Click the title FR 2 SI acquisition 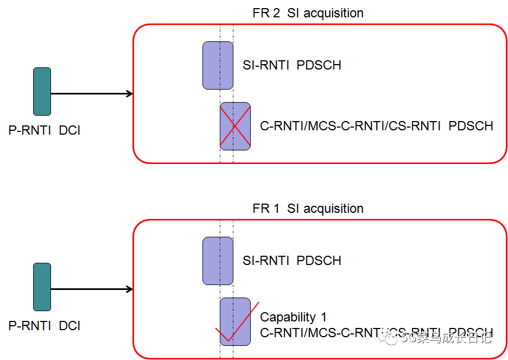point(308,13)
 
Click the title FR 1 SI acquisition point(308,209)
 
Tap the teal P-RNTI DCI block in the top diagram point(42,92)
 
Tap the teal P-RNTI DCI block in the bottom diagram point(42,287)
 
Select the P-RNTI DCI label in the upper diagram point(45,130)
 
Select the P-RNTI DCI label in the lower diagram point(45,326)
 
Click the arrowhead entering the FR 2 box point(129,94)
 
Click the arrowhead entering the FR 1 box point(129,289)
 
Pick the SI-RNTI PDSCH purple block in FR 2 point(218,65)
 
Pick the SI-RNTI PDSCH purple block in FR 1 point(218,261)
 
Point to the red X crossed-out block point(235,126)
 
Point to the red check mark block point(235,321)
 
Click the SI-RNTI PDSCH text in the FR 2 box point(292,65)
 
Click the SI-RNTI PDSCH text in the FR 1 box point(292,261)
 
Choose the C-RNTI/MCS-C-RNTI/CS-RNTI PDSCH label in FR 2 point(377,126)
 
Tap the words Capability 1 point(293,317)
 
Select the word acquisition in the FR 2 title point(333,13)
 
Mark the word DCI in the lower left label point(69,326)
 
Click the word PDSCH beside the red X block point(471,126)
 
